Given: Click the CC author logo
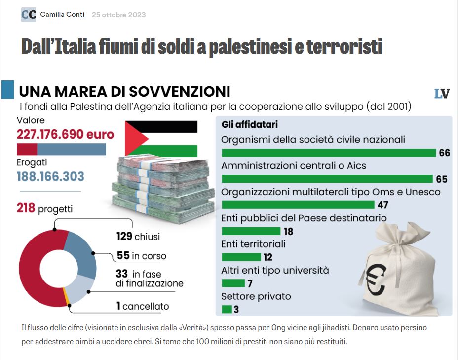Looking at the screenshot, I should coord(29,15).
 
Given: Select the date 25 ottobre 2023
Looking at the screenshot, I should coord(118,15).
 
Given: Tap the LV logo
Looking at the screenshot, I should coord(442,94).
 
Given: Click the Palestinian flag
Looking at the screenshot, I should coord(160,138).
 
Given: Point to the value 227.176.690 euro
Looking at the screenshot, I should coord(65,135).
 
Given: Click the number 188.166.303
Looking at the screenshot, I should coord(50,177).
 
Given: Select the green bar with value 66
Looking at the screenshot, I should coord(329,153).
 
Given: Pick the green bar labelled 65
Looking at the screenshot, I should coord(327,179).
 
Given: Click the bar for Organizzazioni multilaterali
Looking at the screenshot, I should coord(298,205).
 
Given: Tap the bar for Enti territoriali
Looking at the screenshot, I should coord(241,257).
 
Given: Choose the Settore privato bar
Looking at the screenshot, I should coord(227,310).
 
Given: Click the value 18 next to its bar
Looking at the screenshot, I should coord(289,231).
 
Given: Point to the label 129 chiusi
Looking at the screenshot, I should coord(138,237).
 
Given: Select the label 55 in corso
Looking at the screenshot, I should coord(142,256).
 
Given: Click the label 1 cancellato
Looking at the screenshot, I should coord(143,306).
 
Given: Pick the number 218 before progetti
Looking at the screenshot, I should coord(26,208).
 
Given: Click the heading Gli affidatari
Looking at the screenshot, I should coord(249,125).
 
